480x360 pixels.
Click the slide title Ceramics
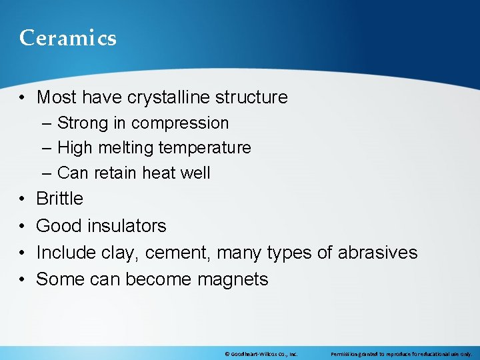(x=68, y=38)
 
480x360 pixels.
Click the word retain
(x=111, y=173)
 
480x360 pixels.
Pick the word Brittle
(x=60, y=199)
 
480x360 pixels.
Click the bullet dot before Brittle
(x=23, y=199)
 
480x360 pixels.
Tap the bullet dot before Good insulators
(x=23, y=226)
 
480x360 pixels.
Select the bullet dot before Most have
(x=23, y=98)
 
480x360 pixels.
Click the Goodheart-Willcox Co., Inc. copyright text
(x=261, y=354)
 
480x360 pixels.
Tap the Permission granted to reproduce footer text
(x=401, y=354)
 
